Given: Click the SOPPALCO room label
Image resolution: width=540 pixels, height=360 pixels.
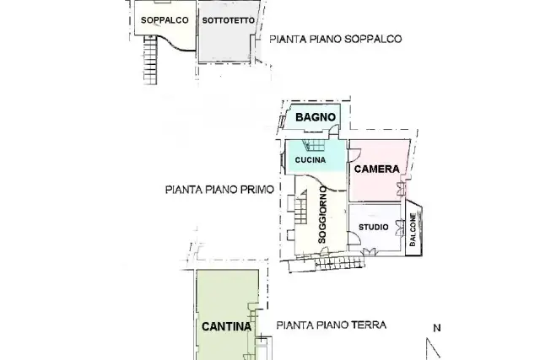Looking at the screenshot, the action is point(165,20).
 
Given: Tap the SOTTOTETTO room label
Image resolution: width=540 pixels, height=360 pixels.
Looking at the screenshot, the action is point(229,20).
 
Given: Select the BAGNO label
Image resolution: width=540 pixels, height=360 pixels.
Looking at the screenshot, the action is point(316,117).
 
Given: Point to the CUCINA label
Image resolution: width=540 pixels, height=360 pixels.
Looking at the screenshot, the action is point(310,160).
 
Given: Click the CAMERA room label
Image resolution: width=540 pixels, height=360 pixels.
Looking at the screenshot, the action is point(377,169).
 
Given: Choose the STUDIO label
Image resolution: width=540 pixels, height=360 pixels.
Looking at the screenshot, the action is point(374,227).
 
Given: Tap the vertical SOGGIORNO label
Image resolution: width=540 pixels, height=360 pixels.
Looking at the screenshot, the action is point(322,215).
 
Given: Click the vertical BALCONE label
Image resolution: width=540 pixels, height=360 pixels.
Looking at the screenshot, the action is point(413,229).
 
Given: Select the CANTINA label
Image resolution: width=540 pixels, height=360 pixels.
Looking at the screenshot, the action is point(226,326).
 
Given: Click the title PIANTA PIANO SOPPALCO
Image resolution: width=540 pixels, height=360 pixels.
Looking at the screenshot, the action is point(336,39).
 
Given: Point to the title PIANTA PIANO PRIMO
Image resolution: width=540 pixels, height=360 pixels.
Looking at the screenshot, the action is point(219,190).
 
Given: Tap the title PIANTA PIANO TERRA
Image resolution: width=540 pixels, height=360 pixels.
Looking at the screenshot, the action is point(332,325).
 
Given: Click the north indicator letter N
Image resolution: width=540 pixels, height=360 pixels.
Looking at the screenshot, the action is point(437,328).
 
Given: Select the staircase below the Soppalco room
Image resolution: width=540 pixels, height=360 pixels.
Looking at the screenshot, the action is point(150,60).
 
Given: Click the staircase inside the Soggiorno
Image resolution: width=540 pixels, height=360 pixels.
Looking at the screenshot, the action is point(300,207).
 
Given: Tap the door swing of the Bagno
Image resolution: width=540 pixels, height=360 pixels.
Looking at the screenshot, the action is point(334,129).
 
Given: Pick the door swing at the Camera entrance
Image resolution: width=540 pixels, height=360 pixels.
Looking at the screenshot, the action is point(354,155).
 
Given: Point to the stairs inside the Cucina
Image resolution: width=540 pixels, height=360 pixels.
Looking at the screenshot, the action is point(313,145).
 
